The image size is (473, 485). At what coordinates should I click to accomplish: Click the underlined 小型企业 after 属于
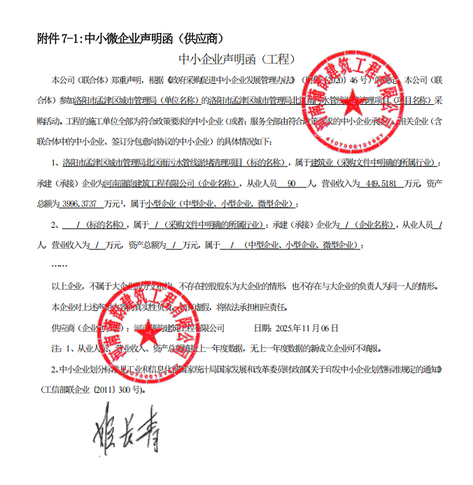point(159,204)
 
